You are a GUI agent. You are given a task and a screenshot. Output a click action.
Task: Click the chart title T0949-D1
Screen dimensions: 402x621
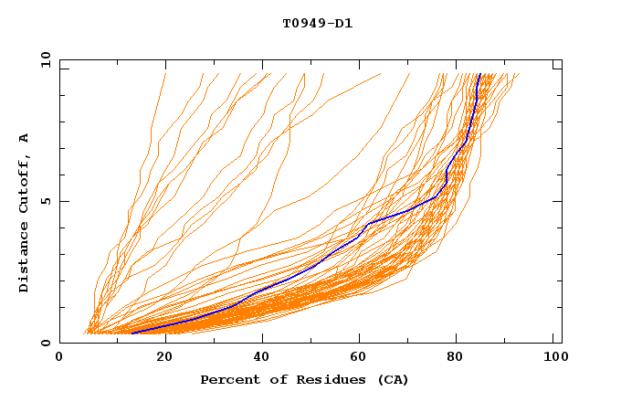[317, 23]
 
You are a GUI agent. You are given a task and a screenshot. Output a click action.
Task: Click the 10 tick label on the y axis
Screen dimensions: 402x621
[45, 60]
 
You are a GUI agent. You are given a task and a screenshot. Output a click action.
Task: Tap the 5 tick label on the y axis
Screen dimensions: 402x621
[45, 201]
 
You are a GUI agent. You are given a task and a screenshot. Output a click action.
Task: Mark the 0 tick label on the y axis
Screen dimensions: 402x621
[45, 343]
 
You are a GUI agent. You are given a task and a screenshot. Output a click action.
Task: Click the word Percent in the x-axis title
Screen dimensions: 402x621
[228, 379]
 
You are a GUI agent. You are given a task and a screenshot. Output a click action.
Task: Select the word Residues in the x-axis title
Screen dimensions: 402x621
[323, 379]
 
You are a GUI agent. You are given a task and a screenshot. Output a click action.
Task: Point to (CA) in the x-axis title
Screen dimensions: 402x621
[390, 379]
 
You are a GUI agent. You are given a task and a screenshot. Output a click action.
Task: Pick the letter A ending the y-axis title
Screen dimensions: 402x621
[25, 138]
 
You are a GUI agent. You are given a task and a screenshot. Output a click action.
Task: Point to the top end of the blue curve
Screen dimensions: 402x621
[479, 75]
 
